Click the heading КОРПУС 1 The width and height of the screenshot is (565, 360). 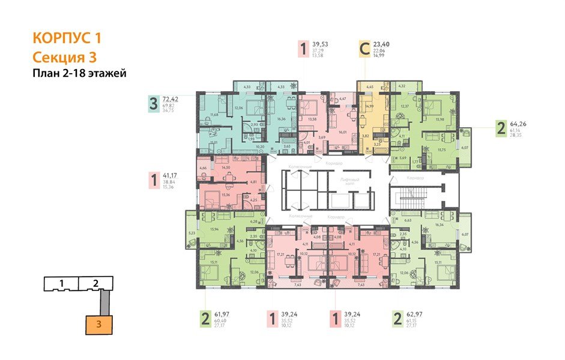tap(67, 38)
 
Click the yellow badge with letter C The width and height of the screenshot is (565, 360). tap(364, 49)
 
